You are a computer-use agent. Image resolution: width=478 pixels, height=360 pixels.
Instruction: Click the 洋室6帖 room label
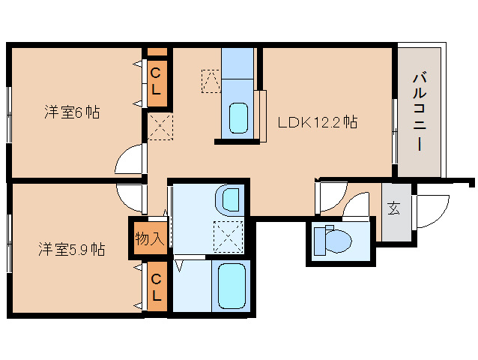(x=72, y=112)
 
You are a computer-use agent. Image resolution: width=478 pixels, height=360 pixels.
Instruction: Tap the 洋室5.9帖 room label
(x=72, y=249)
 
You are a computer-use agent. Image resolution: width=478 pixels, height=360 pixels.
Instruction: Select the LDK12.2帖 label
(x=318, y=122)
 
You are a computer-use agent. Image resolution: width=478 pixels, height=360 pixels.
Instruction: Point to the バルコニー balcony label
(x=420, y=111)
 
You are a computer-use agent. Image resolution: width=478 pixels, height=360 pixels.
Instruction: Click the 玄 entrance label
(x=394, y=208)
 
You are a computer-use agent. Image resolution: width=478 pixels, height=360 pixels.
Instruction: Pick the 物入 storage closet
(x=150, y=238)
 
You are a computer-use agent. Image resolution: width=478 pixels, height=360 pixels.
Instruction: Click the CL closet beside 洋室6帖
(x=157, y=82)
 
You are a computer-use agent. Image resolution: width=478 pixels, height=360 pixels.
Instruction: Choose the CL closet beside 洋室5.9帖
(x=157, y=286)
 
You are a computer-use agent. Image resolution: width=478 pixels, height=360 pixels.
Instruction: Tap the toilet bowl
(x=333, y=240)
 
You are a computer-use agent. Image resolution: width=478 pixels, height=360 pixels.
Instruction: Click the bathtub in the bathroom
(x=232, y=286)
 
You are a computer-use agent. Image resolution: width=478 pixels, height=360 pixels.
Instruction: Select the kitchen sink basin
(x=238, y=118)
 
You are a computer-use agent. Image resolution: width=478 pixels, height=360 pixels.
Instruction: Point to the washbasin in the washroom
(x=229, y=200)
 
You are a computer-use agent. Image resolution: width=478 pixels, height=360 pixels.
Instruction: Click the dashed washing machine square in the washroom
(x=229, y=237)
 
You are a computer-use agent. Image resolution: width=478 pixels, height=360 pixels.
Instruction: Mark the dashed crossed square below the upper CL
(x=160, y=126)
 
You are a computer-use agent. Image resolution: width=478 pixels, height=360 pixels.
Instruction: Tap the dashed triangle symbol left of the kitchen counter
(x=211, y=81)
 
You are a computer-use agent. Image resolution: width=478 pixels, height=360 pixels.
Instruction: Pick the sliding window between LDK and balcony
(x=395, y=131)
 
